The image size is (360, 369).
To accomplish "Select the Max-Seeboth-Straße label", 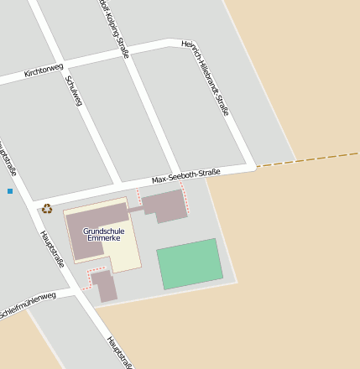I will coord(185,176).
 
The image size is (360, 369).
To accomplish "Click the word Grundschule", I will coord(104,230).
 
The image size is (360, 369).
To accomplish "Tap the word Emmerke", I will coord(104,238).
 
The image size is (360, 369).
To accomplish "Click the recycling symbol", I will coord(47,209).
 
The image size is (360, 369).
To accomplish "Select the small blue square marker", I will coord(10,191).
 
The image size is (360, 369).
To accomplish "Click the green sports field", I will coord(190,264).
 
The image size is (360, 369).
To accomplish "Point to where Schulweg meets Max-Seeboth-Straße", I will coord(118,182).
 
